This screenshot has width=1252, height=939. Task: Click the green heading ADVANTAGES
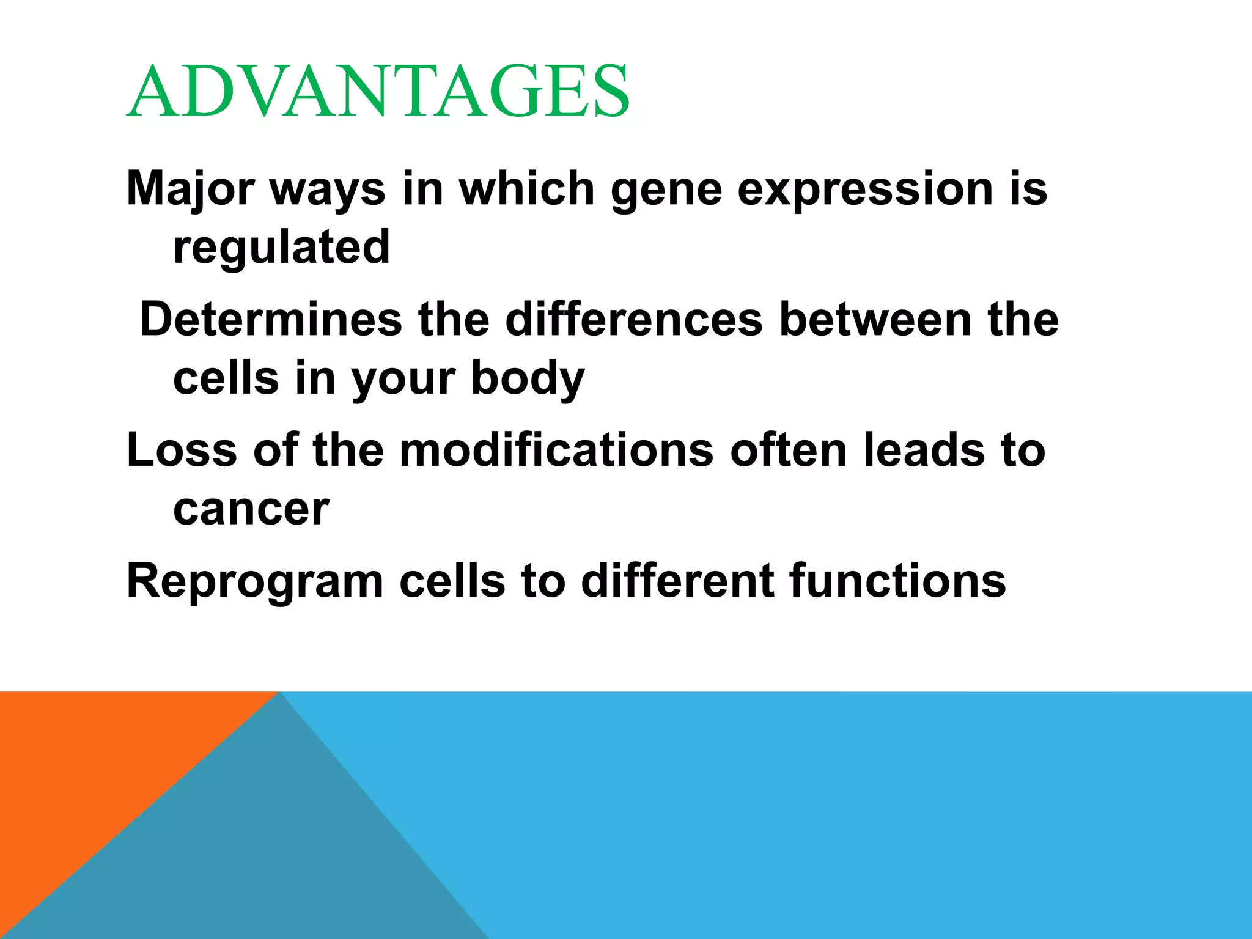pyautogui.click(x=378, y=92)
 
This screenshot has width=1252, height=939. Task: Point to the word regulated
pyautogui.click(x=281, y=247)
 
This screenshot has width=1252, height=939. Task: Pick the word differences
pyautogui.click(x=634, y=320)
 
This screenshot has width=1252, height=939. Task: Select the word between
pyautogui.click(x=875, y=320)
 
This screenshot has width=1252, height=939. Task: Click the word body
pyautogui.click(x=528, y=378)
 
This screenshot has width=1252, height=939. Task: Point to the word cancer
pyautogui.click(x=251, y=509)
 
